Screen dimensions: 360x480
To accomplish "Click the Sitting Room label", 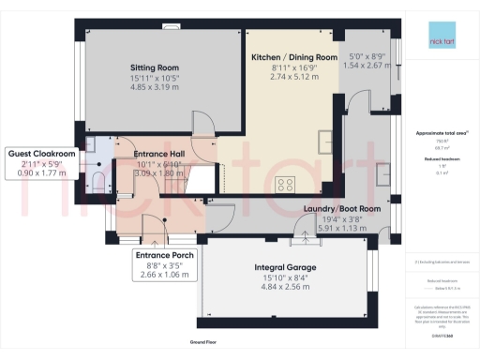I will pyautogui.click(x=155, y=67).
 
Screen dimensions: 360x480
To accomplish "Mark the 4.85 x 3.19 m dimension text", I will pyautogui.click(x=155, y=88).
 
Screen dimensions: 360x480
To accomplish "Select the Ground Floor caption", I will pyautogui.click(x=203, y=344).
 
